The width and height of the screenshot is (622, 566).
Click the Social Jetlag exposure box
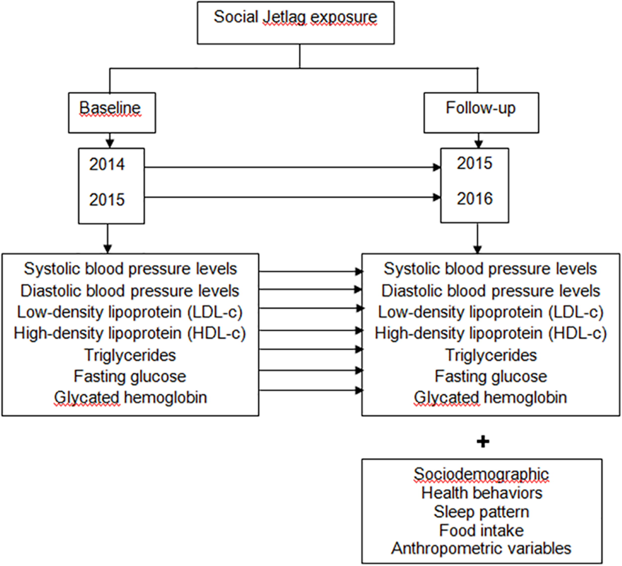296,23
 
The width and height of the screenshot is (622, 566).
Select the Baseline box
112,113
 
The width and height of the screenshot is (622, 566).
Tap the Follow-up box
481,113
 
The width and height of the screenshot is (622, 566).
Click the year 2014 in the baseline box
107,164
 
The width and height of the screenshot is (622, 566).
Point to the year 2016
474,198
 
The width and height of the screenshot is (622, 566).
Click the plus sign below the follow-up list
483,442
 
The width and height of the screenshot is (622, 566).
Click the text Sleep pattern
481,512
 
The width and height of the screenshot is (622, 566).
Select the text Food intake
481,530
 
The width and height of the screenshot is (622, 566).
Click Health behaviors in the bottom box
482,493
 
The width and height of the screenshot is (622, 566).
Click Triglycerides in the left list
130,355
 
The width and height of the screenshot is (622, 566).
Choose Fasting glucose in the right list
491,376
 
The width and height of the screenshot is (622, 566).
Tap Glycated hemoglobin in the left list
131,397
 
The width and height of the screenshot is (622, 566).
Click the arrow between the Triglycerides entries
310,349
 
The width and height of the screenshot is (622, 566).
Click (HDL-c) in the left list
217,333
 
